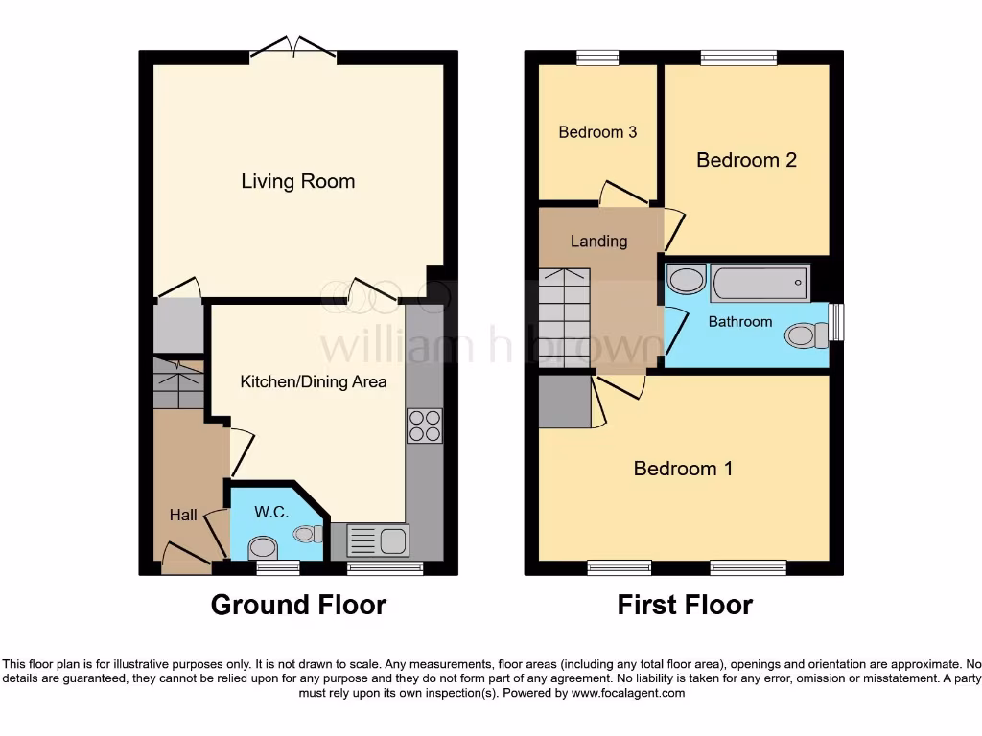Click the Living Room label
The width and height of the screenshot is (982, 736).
click(297, 181)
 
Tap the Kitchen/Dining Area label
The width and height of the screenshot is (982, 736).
click(314, 381)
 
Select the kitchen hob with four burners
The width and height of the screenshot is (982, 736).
click(425, 425)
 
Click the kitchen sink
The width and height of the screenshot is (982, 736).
click(378, 540)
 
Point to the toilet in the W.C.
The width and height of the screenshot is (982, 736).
click(262, 547)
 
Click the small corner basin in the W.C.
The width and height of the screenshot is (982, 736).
click(310, 534)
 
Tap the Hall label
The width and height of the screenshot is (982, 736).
click(183, 515)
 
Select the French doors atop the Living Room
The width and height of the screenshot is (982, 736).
click(293, 47)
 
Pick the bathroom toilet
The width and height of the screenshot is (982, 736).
click(806, 335)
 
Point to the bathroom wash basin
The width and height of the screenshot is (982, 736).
click(686, 281)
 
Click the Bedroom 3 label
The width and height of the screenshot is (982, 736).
click(597, 132)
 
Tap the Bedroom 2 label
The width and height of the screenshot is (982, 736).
click(746, 160)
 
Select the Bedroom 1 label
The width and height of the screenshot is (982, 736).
click(683, 469)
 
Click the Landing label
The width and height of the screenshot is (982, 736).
click(598, 241)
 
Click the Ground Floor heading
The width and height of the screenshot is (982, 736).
click(298, 605)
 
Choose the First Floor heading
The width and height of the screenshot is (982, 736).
click(685, 605)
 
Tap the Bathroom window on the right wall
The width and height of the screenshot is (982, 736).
click(837, 322)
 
